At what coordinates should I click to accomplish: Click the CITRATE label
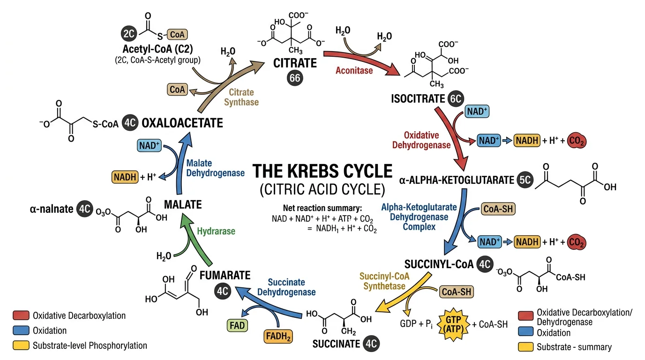(295, 63)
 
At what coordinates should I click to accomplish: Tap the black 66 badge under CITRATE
(295, 78)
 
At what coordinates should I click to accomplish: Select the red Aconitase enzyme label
(354, 70)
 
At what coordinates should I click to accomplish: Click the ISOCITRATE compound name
(417, 99)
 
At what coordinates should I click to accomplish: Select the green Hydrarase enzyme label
(216, 231)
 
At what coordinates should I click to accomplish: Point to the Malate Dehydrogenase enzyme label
(215, 168)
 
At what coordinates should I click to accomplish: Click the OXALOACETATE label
(182, 123)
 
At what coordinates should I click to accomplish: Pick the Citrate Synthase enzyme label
(241, 97)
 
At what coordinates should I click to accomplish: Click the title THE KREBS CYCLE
(322, 172)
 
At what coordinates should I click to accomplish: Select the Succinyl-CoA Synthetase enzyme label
(384, 281)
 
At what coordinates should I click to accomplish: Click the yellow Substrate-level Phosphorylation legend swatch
(21, 345)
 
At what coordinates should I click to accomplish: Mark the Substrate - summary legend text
(574, 347)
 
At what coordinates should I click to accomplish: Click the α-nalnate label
(52, 209)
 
